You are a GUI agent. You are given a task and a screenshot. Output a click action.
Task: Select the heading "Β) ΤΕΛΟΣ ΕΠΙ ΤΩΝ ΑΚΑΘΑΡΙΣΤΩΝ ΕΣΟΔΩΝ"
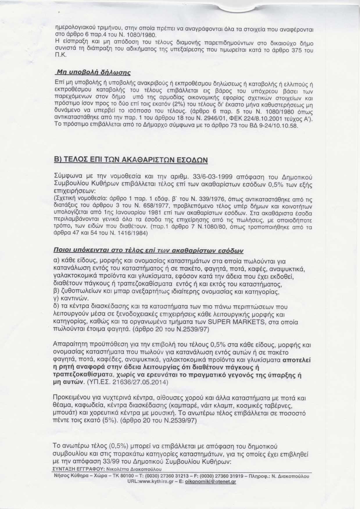pos(131,160)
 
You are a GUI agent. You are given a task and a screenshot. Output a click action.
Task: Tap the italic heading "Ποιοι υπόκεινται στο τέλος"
pos(148,250)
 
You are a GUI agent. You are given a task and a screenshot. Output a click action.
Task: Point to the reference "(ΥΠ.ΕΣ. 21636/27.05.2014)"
pos(128,382)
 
